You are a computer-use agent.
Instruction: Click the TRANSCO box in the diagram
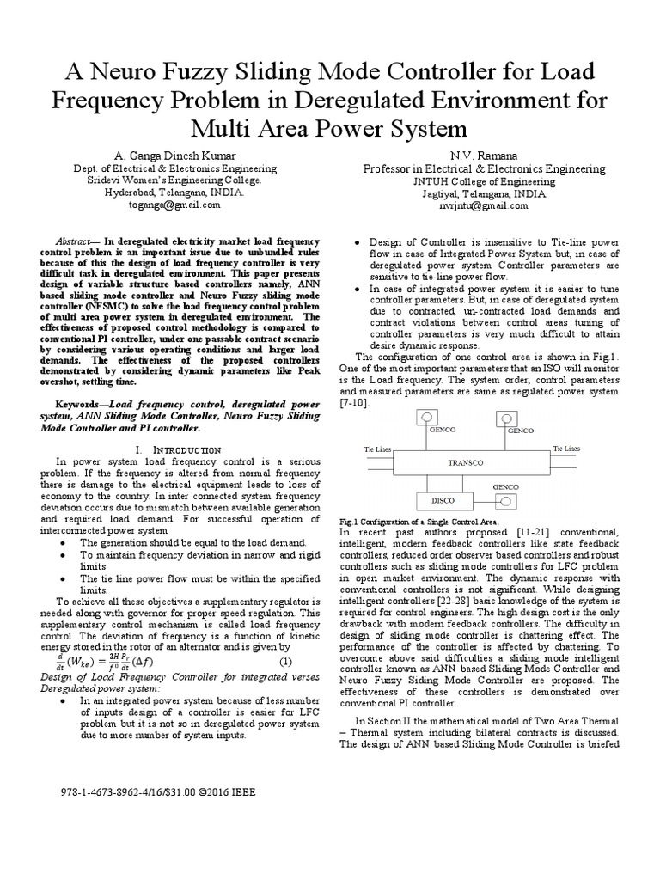click(x=466, y=461)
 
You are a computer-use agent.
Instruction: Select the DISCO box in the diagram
click(x=443, y=500)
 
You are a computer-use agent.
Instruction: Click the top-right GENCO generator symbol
click(x=501, y=417)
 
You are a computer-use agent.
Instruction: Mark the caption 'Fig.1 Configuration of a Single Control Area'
click(x=419, y=522)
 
